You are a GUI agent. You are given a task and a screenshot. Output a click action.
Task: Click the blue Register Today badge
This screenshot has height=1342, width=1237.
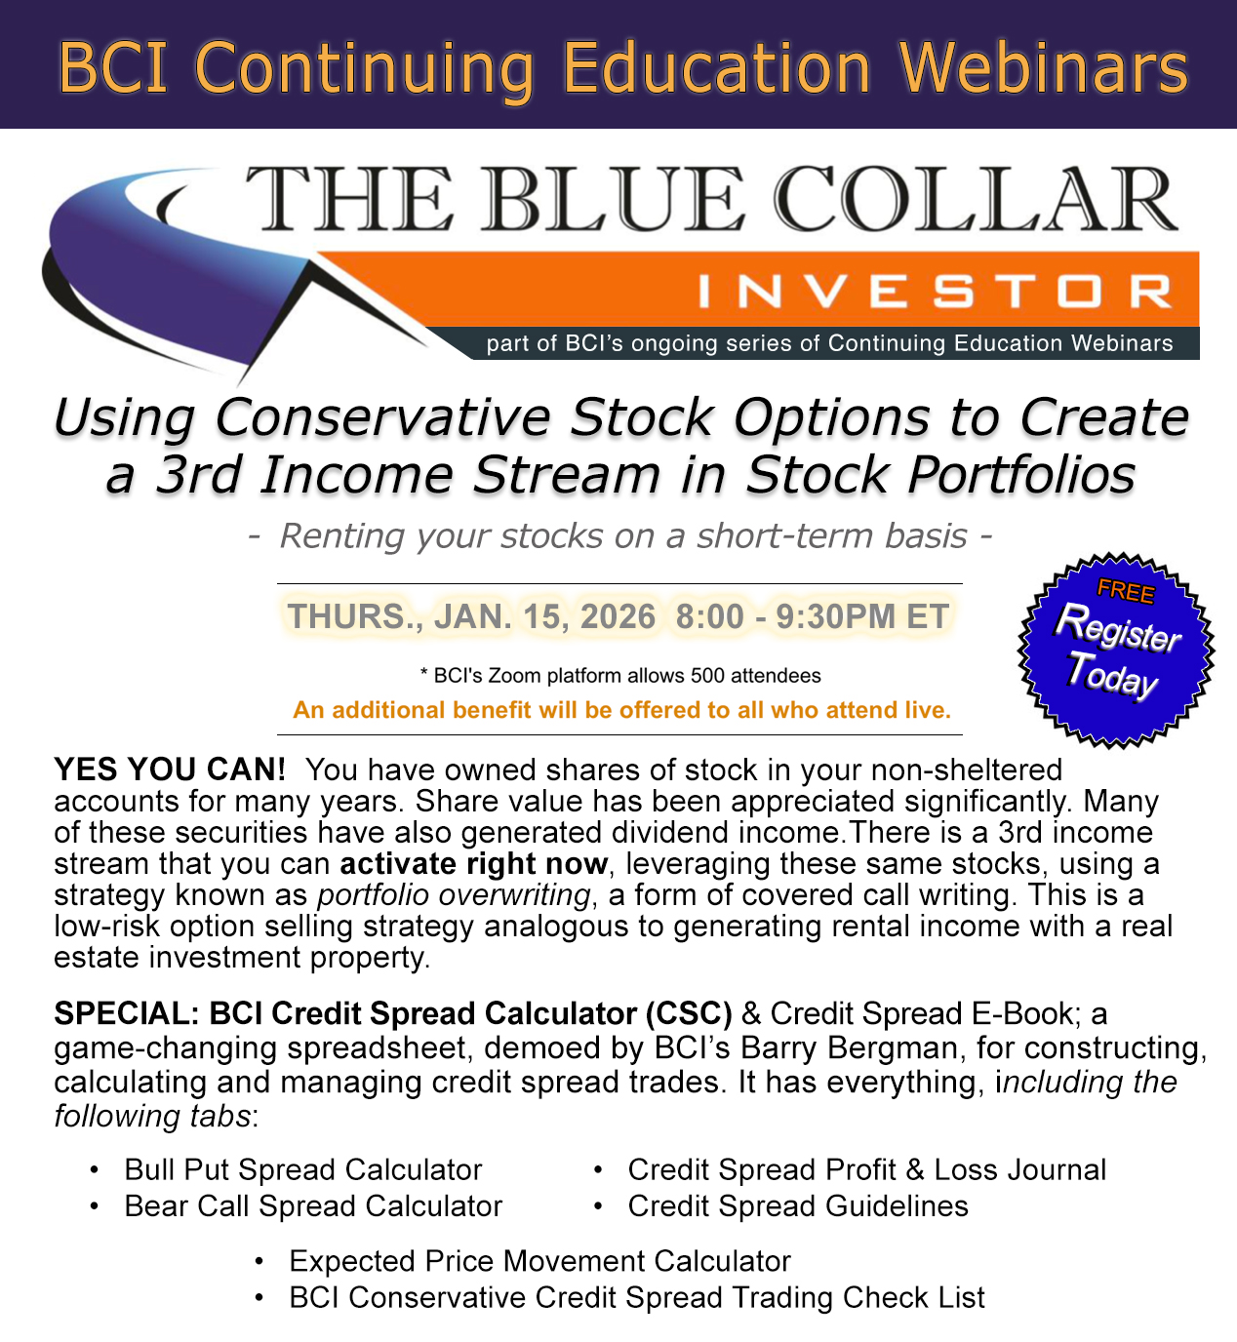tap(1116, 651)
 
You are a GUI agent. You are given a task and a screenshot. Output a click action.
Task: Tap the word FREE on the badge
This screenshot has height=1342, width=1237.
tap(1126, 591)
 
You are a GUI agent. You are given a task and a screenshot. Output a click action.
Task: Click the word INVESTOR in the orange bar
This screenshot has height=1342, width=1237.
tap(935, 292)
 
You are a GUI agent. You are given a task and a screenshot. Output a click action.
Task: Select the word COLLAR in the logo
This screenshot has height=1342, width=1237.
tap(976, 199)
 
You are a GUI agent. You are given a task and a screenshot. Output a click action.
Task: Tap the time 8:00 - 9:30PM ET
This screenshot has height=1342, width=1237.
tap(812, 615)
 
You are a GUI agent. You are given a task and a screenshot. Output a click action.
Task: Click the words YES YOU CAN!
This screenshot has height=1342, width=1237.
tap(170, 770)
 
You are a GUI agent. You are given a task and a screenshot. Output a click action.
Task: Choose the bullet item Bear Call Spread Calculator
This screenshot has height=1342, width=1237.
tap(313, 1206)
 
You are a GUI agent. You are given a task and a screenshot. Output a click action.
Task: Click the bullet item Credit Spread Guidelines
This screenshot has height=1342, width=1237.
tap(798, 1206)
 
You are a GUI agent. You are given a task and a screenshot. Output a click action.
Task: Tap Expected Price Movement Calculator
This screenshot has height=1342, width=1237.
tap(539, 1261)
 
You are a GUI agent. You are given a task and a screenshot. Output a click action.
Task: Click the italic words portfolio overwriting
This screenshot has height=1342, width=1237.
tap(454, 894)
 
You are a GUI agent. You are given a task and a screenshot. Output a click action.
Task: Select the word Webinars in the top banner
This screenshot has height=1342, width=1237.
tap(1044, 67)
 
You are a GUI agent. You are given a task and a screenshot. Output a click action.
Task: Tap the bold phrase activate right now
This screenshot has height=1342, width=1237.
tap(474, 864)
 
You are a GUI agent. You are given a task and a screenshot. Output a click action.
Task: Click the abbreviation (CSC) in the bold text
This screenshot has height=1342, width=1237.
tap(689, 1013)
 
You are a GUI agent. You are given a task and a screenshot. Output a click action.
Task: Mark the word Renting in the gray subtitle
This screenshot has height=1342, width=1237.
tap(342, 535)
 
